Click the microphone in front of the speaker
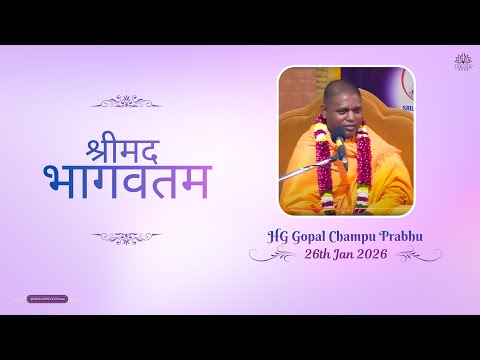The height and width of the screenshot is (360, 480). point(340,144)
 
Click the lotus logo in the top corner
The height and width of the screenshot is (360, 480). point(462,62)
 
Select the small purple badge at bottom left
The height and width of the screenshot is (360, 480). point(47,298)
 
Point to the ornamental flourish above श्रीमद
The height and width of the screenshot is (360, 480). point(126,101)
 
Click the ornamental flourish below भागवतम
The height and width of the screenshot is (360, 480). point(126,238)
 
